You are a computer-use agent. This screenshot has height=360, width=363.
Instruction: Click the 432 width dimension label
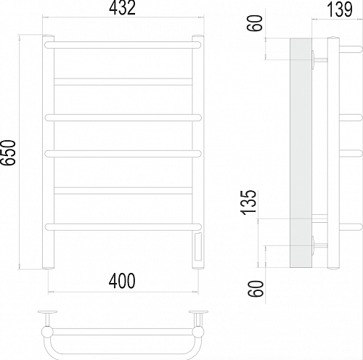click(122, 8)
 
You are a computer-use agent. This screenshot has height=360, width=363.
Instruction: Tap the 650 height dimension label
click(8, 152)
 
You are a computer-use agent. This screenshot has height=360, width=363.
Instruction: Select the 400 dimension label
click(122, 281)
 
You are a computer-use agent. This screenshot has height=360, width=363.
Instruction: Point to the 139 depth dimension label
click(340, 9)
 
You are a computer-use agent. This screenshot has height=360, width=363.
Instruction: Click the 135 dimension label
click(248, 202)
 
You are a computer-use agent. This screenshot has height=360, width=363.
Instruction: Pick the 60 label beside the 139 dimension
click(255, 22)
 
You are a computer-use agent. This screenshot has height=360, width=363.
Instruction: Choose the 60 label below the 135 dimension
click(256, 288)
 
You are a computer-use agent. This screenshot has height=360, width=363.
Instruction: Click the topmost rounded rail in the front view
click(123, 45)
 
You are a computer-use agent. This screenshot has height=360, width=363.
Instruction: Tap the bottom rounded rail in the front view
click(123, 227)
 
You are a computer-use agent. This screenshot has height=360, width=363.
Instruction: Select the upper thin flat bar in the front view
click(123, 82)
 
